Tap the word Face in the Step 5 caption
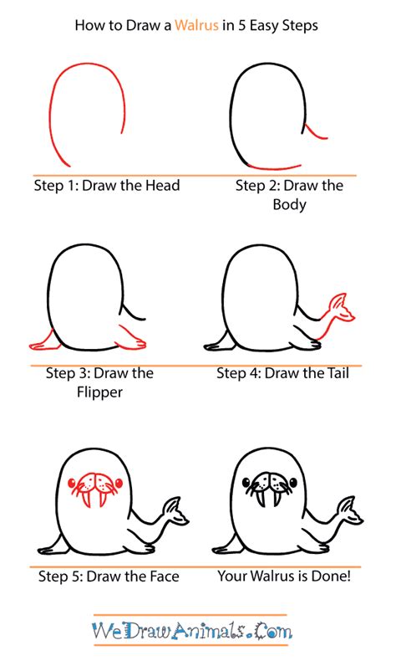[x=161, y=576]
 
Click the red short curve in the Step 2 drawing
[x=315, y=133]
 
